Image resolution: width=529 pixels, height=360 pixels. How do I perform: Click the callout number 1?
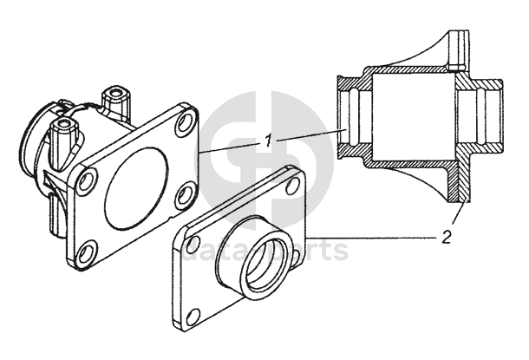pos(270,140)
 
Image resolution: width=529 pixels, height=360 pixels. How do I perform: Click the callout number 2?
pos(446,236)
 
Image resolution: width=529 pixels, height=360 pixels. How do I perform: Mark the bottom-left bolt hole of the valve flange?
pos(87,255)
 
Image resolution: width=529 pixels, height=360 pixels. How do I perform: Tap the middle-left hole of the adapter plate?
pos(193,245)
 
